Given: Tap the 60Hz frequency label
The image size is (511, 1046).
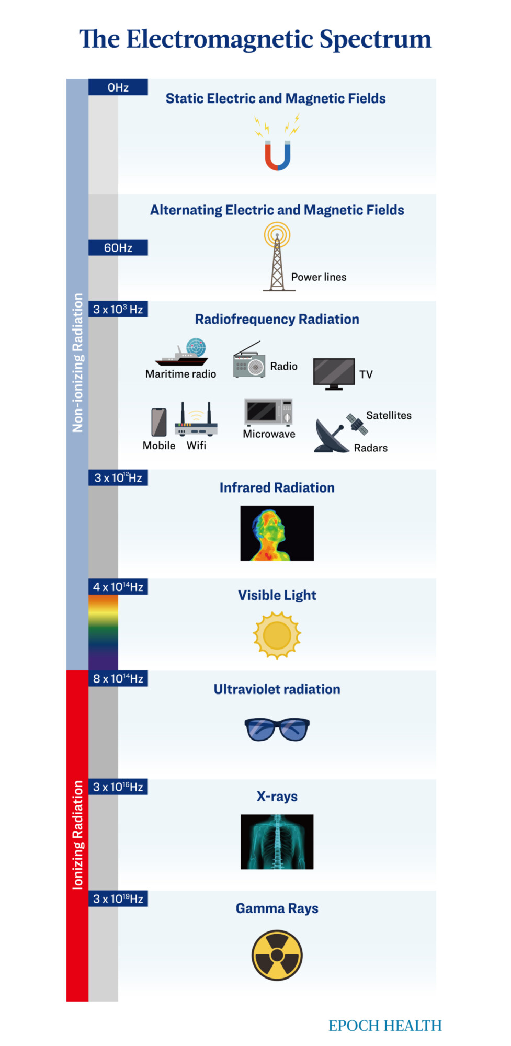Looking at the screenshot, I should [118, 247].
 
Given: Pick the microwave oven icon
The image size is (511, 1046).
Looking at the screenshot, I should [268, 412].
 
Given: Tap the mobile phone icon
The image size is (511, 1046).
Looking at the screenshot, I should [159, 422].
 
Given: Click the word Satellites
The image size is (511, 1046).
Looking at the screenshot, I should [389, 415].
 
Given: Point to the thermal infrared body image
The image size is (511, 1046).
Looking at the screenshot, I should [277, 533].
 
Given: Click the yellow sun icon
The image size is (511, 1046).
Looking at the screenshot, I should [277, 635].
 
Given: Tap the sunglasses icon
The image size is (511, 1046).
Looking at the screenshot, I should [277, 729].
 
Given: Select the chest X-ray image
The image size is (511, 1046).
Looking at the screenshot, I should [277, 842].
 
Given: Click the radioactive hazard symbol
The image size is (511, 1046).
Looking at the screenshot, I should [277, 955].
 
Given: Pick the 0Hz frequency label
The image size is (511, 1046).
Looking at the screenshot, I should [118, 87].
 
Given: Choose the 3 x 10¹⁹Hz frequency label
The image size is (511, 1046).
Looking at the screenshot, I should [118, 899].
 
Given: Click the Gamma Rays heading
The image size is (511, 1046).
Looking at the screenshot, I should [277, 908].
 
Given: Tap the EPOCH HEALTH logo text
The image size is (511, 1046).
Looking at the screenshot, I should [385, 1026].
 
